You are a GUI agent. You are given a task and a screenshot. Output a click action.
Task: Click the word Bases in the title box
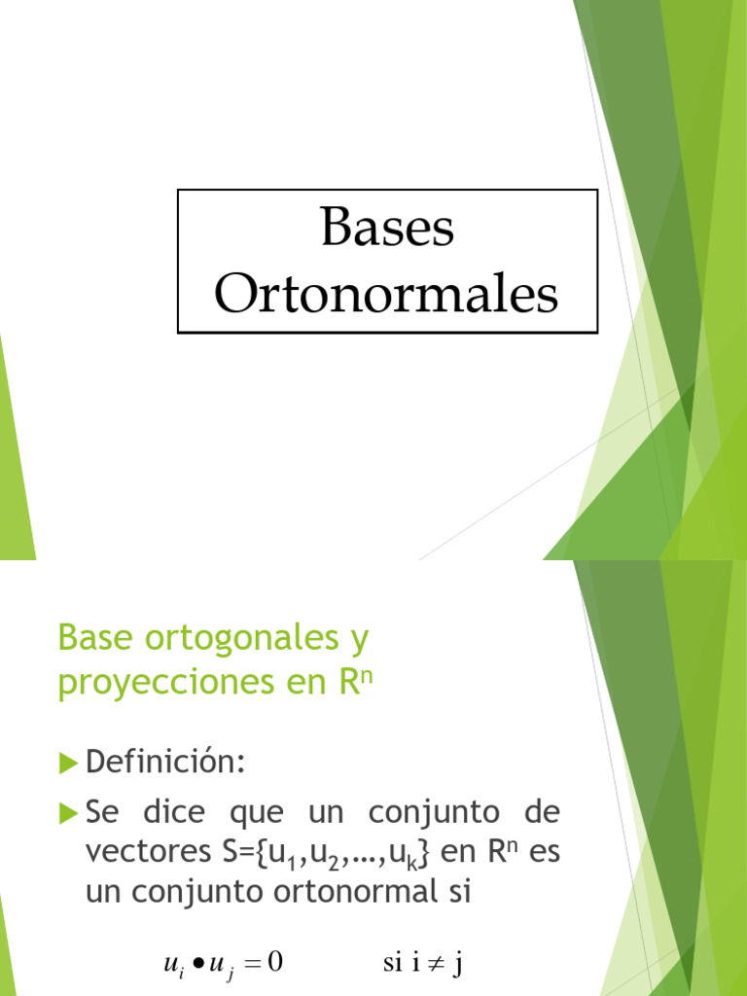[x=386, y=229]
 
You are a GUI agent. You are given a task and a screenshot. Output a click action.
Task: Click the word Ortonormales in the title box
[x=386, y=294]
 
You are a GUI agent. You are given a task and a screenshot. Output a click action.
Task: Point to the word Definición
[x=165, y=762]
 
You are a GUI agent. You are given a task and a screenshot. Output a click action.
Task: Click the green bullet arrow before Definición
[x=67, y=764]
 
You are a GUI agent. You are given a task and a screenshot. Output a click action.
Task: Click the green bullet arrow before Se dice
[x=67, y=810]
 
